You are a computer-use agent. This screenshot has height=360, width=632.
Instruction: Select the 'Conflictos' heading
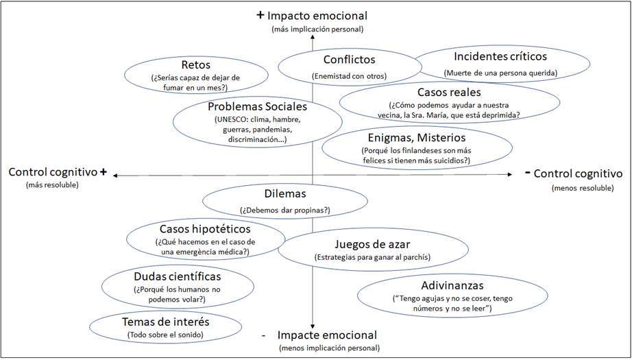[x=349, y=60]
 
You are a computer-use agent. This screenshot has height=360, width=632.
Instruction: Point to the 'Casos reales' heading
[x=449, y=91]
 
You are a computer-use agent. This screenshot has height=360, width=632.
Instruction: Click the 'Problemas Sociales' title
[x=257, y=106]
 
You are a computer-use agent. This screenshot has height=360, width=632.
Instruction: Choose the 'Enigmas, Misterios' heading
[x=416, y=138]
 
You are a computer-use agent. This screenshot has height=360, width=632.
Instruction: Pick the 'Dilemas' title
[x=284, y=194]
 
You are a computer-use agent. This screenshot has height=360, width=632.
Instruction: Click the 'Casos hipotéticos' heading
[x=205, y=228]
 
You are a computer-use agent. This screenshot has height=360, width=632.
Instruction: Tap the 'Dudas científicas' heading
[x=178, y=276]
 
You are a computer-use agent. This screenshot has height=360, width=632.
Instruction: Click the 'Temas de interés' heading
[x=165, y=321]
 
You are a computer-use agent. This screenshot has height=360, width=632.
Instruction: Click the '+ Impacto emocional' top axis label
[x=311, y=15]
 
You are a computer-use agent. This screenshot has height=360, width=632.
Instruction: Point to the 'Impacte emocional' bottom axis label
[x=327, y=335]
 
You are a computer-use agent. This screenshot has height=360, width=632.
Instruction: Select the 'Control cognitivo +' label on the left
[x=58, y=172]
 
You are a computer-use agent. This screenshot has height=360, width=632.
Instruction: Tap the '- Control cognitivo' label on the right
[x=574, y=173]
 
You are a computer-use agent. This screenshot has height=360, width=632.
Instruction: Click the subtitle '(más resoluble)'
[x=53, y=186]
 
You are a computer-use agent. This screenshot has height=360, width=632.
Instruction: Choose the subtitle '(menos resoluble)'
[x=582, y=188]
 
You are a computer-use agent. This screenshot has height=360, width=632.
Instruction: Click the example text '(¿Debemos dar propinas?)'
[x=285, y=209]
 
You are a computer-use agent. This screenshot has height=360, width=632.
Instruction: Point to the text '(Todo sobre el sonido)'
[x=165, y=335]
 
